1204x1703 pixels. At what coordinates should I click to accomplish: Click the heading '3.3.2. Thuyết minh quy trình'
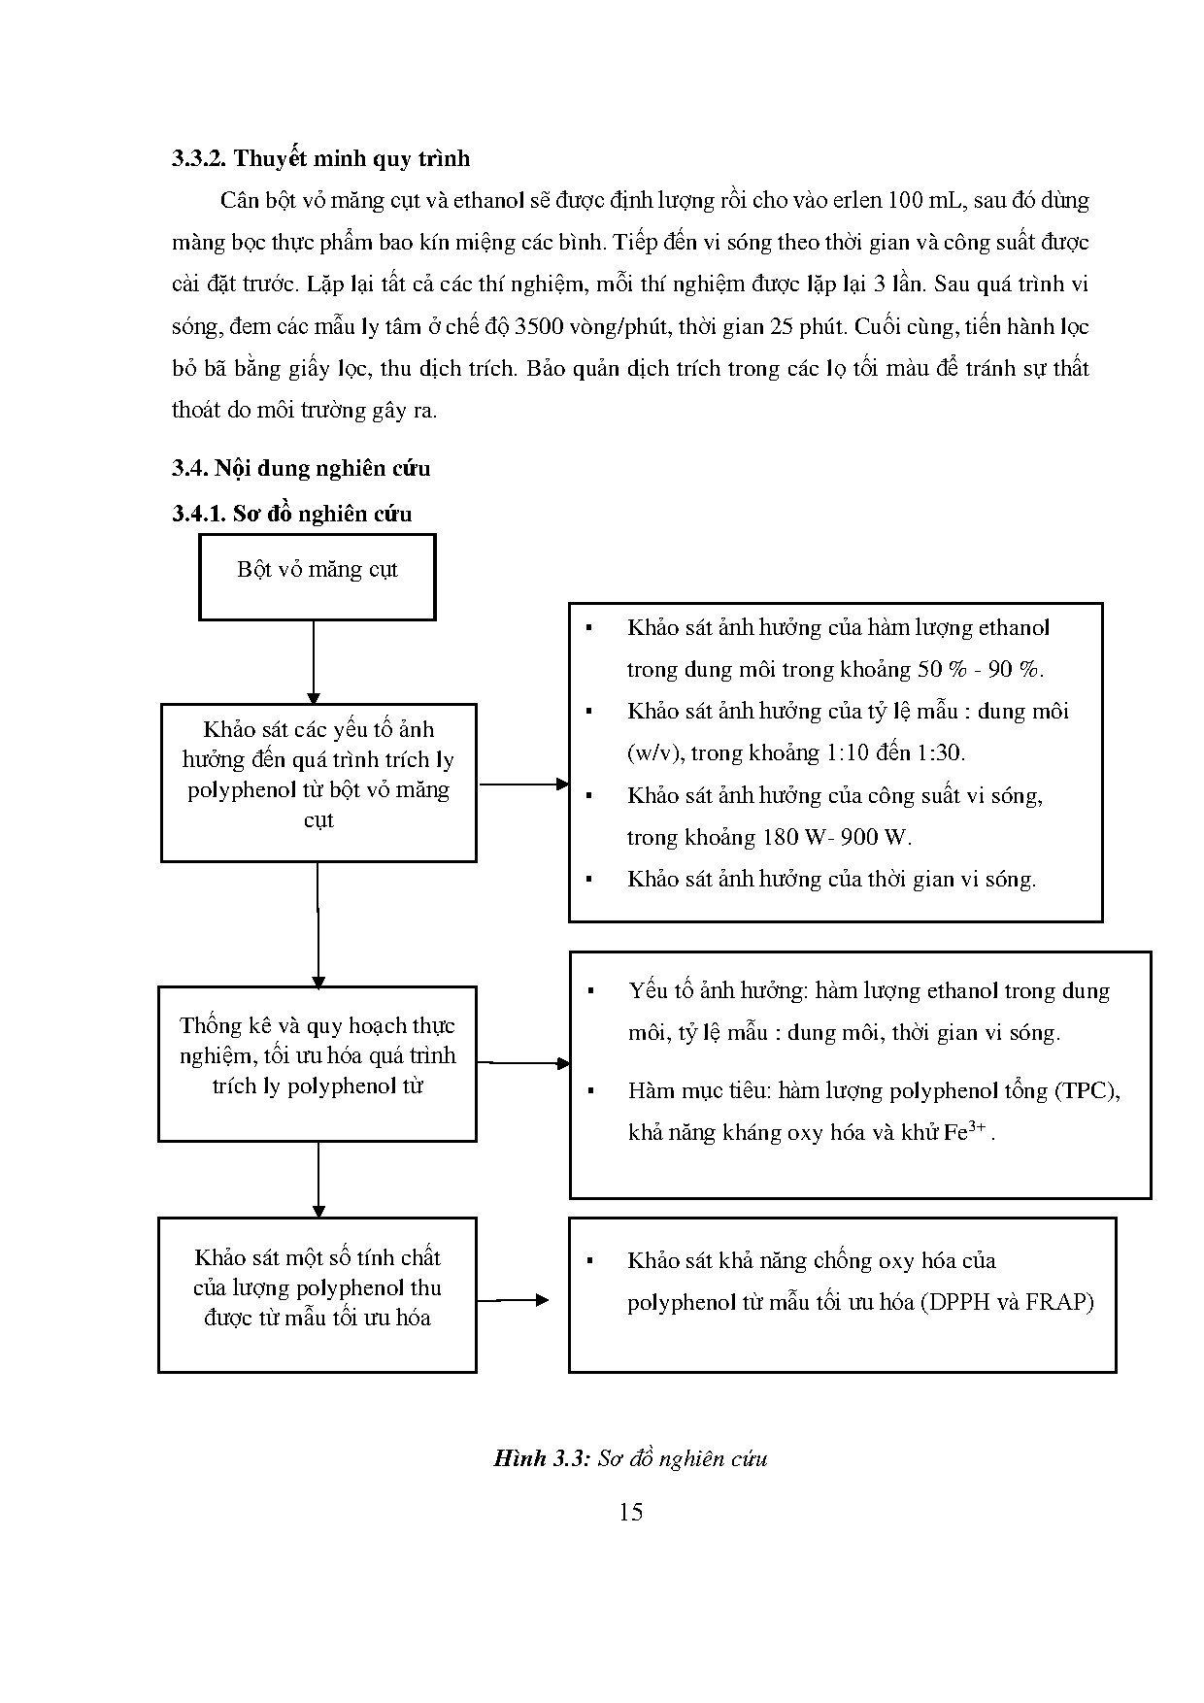(320, 158)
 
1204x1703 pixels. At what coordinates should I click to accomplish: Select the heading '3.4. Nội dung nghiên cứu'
(301, 468)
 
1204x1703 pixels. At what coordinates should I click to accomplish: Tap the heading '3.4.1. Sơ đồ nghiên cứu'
(292, 514)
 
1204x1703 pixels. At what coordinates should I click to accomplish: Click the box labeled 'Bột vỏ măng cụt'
(318, 577)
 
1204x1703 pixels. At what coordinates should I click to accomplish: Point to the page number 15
(630, 1512)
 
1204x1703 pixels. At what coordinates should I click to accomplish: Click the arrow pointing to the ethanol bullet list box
(524, 784)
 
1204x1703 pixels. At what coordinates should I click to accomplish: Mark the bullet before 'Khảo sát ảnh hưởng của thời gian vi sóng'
(588, 880)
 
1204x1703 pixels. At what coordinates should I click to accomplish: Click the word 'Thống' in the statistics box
(211, 1025)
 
